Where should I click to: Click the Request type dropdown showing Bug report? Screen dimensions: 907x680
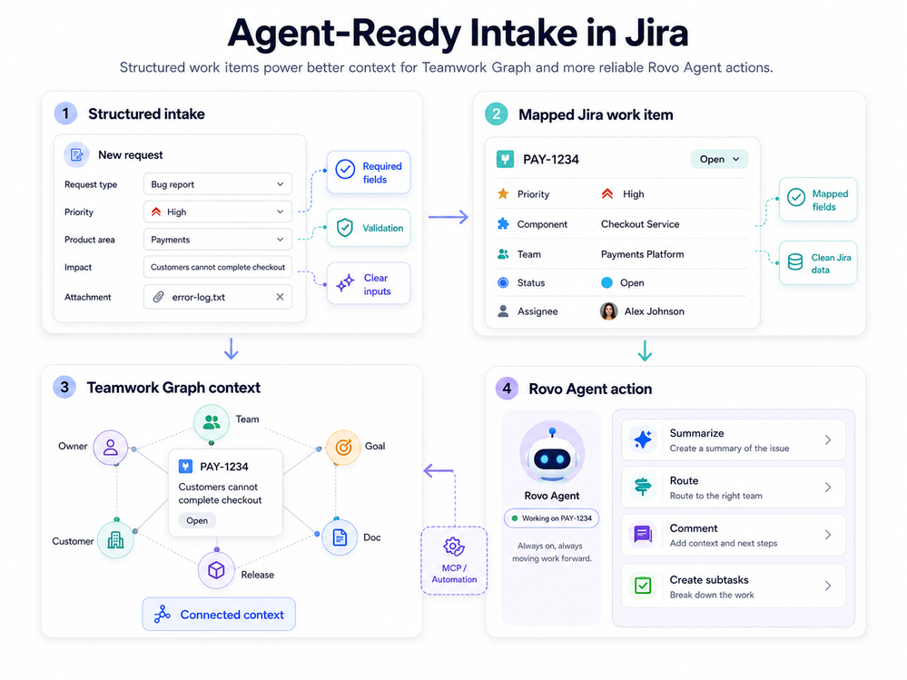coord(218,184)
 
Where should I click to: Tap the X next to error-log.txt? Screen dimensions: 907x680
coord(280,297)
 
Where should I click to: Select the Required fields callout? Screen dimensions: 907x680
coord(369,172)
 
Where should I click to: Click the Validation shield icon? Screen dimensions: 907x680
coord(345,228)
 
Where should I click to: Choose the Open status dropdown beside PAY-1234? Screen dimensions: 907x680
coord(719,159)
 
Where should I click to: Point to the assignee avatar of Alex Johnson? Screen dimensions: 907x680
coord(608,311)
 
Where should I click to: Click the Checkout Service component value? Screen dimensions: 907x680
coord(640,224)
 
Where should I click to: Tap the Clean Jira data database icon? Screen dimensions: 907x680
coord(795,262)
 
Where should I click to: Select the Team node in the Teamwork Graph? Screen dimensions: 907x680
coord(212,422)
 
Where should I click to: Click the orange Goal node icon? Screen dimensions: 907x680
coord(343,447)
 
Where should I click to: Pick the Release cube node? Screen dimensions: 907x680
coord(216,570)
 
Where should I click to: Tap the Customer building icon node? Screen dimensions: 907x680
coord(115,540)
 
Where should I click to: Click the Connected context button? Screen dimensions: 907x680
coord(219,614)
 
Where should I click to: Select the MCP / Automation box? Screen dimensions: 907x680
coord(454,560)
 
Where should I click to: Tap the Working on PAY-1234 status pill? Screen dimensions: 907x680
coord(551,518)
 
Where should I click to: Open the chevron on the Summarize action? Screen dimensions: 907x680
coord(828,440)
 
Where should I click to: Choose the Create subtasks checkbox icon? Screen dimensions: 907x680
coord(643,586)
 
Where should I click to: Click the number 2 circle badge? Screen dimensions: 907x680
coord(497,113)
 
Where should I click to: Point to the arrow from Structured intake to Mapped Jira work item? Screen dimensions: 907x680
coord(449,217)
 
